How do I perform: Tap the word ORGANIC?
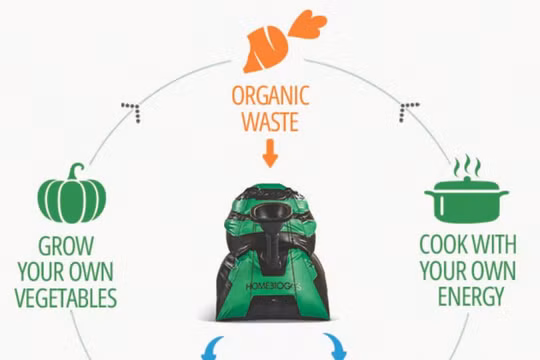pyautogui.click(x=269, y=97)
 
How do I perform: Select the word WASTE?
pyautogui.click(x=269, y=123)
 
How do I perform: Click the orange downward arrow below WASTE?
pyautogui.click(x=269, y=154)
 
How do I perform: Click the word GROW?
pyautogui.click(x=69, y=245)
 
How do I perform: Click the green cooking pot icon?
pyautogui.click(x=466, y=201)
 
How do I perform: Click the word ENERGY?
pyautogui.click(x=470, y=297)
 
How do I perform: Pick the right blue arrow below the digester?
pyautogui.click(x=334, y=349)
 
